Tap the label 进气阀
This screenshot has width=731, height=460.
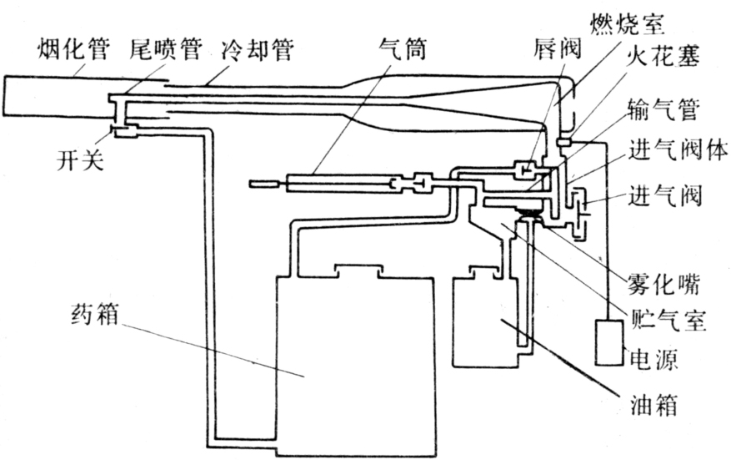coord(667,196)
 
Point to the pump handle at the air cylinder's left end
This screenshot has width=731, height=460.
coord(264,183)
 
